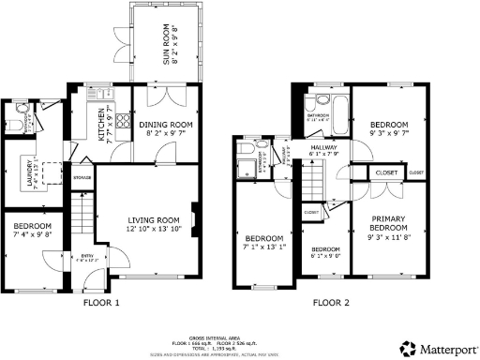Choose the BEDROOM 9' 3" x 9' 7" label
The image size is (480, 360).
[x=387, y=129]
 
